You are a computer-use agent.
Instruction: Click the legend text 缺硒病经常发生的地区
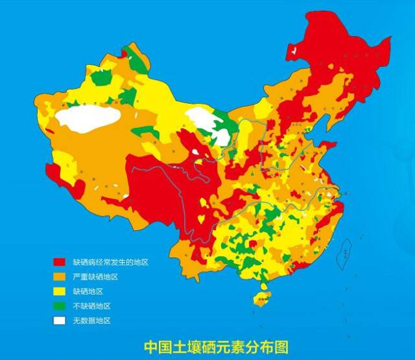[110, 263]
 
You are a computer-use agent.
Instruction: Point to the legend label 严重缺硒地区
[95, 277]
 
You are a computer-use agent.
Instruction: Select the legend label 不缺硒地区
[91, 306]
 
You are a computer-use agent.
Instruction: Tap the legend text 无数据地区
[91, 320]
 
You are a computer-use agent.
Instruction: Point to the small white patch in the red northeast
[295, 50]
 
